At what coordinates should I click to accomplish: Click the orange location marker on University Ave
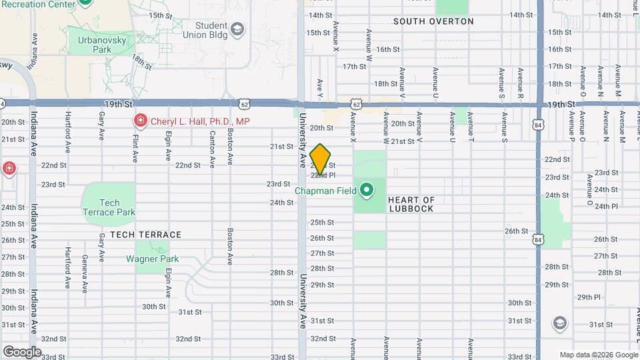tap(321, 159)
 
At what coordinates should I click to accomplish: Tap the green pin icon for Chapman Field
tap(366, 191)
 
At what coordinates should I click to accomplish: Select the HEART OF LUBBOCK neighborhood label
tap(411, 204)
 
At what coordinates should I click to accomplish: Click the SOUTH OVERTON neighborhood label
tap(433, 21)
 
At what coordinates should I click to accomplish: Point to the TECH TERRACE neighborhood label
tap(145, 235)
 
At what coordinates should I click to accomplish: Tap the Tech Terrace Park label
tap(109, 207)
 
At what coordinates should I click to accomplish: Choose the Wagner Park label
tap(153, 259)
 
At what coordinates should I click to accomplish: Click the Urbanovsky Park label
tap(102, 45)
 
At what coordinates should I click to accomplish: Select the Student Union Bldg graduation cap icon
tap(238, 29)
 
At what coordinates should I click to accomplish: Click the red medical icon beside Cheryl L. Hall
tap(140, 121)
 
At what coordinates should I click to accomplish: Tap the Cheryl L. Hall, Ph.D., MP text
tap(199, 121)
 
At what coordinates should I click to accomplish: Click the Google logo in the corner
tap(22, 351)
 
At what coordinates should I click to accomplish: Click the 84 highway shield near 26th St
tap(538, 239)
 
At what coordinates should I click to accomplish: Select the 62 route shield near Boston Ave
tap(245, 104)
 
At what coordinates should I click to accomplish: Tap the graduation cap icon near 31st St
tap(560, 323)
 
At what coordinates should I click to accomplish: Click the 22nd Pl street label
tap(322, 175)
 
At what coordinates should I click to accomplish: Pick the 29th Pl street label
tap(589, 297)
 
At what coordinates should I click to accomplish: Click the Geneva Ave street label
tap(85, 273)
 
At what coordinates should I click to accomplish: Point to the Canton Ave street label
tap(212, 148)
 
